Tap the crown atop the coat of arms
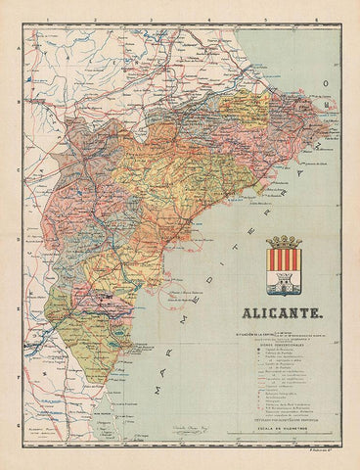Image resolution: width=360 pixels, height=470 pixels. [x=285, y=241]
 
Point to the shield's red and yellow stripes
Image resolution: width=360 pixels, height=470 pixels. [x=285, y=261]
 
